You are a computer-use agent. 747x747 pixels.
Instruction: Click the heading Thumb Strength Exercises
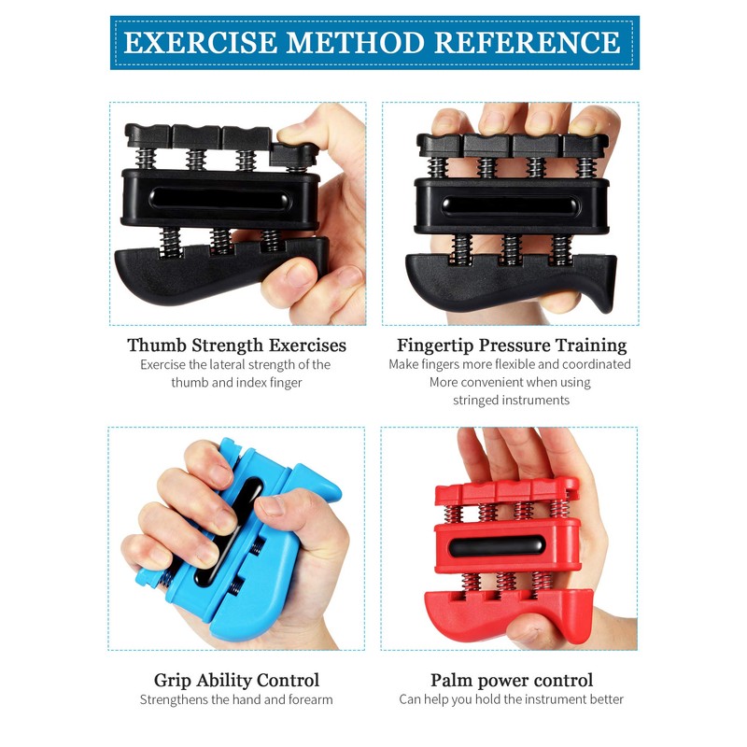[x=236, y=345]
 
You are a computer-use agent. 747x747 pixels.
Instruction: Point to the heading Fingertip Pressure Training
[x=511, y=345]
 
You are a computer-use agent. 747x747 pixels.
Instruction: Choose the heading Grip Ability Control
[x=236, y=680]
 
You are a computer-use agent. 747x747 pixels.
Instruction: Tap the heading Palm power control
[x=511, y=680]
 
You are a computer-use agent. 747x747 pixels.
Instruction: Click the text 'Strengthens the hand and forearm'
[x=236, y=699]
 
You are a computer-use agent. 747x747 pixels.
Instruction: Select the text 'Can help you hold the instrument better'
[x=511, y=699]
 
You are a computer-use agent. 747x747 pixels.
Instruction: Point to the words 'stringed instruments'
[x=511, y=400]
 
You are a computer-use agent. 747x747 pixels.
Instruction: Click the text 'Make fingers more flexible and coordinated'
[x=511, y=364]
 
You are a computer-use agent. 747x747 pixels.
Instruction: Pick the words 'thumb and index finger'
[x=236, y=382]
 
